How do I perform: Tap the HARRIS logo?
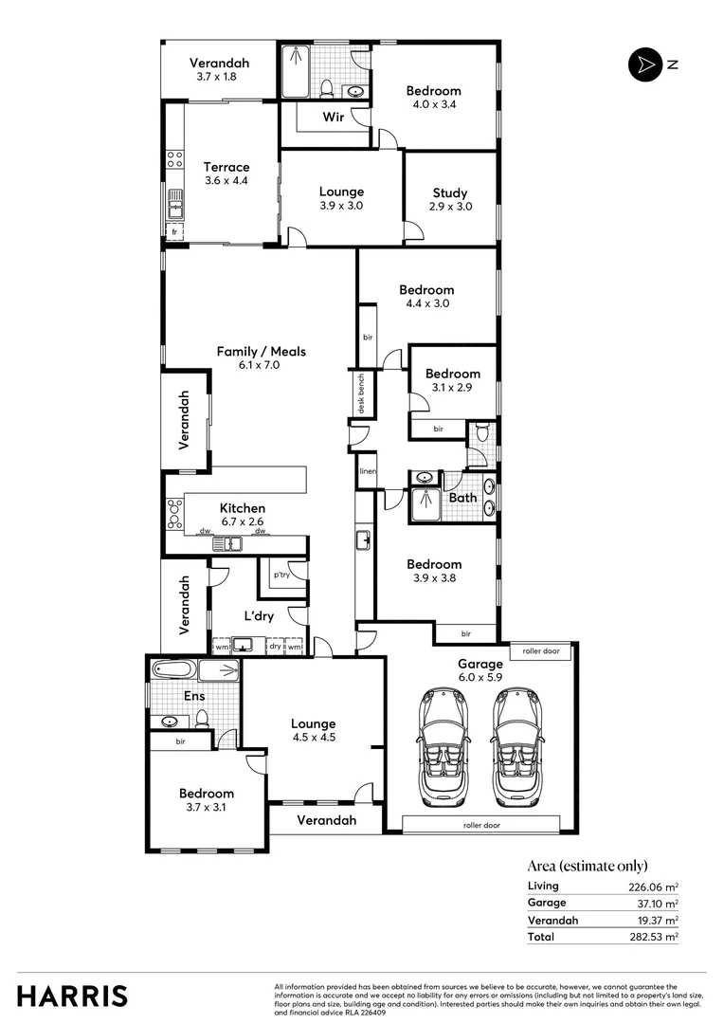[72, 996]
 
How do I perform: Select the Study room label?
[451, 192]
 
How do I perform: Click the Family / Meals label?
[262, 352]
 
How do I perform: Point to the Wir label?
[333, 118]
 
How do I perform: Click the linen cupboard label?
[367, 471]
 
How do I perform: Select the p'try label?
[281, 576]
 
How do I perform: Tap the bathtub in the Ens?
[173, 670]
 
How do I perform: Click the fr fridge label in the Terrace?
[173, 231]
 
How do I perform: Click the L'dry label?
[260, 616]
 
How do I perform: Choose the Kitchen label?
[243, 508]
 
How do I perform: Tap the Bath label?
[463, 497]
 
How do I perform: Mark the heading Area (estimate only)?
[588, 865]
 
